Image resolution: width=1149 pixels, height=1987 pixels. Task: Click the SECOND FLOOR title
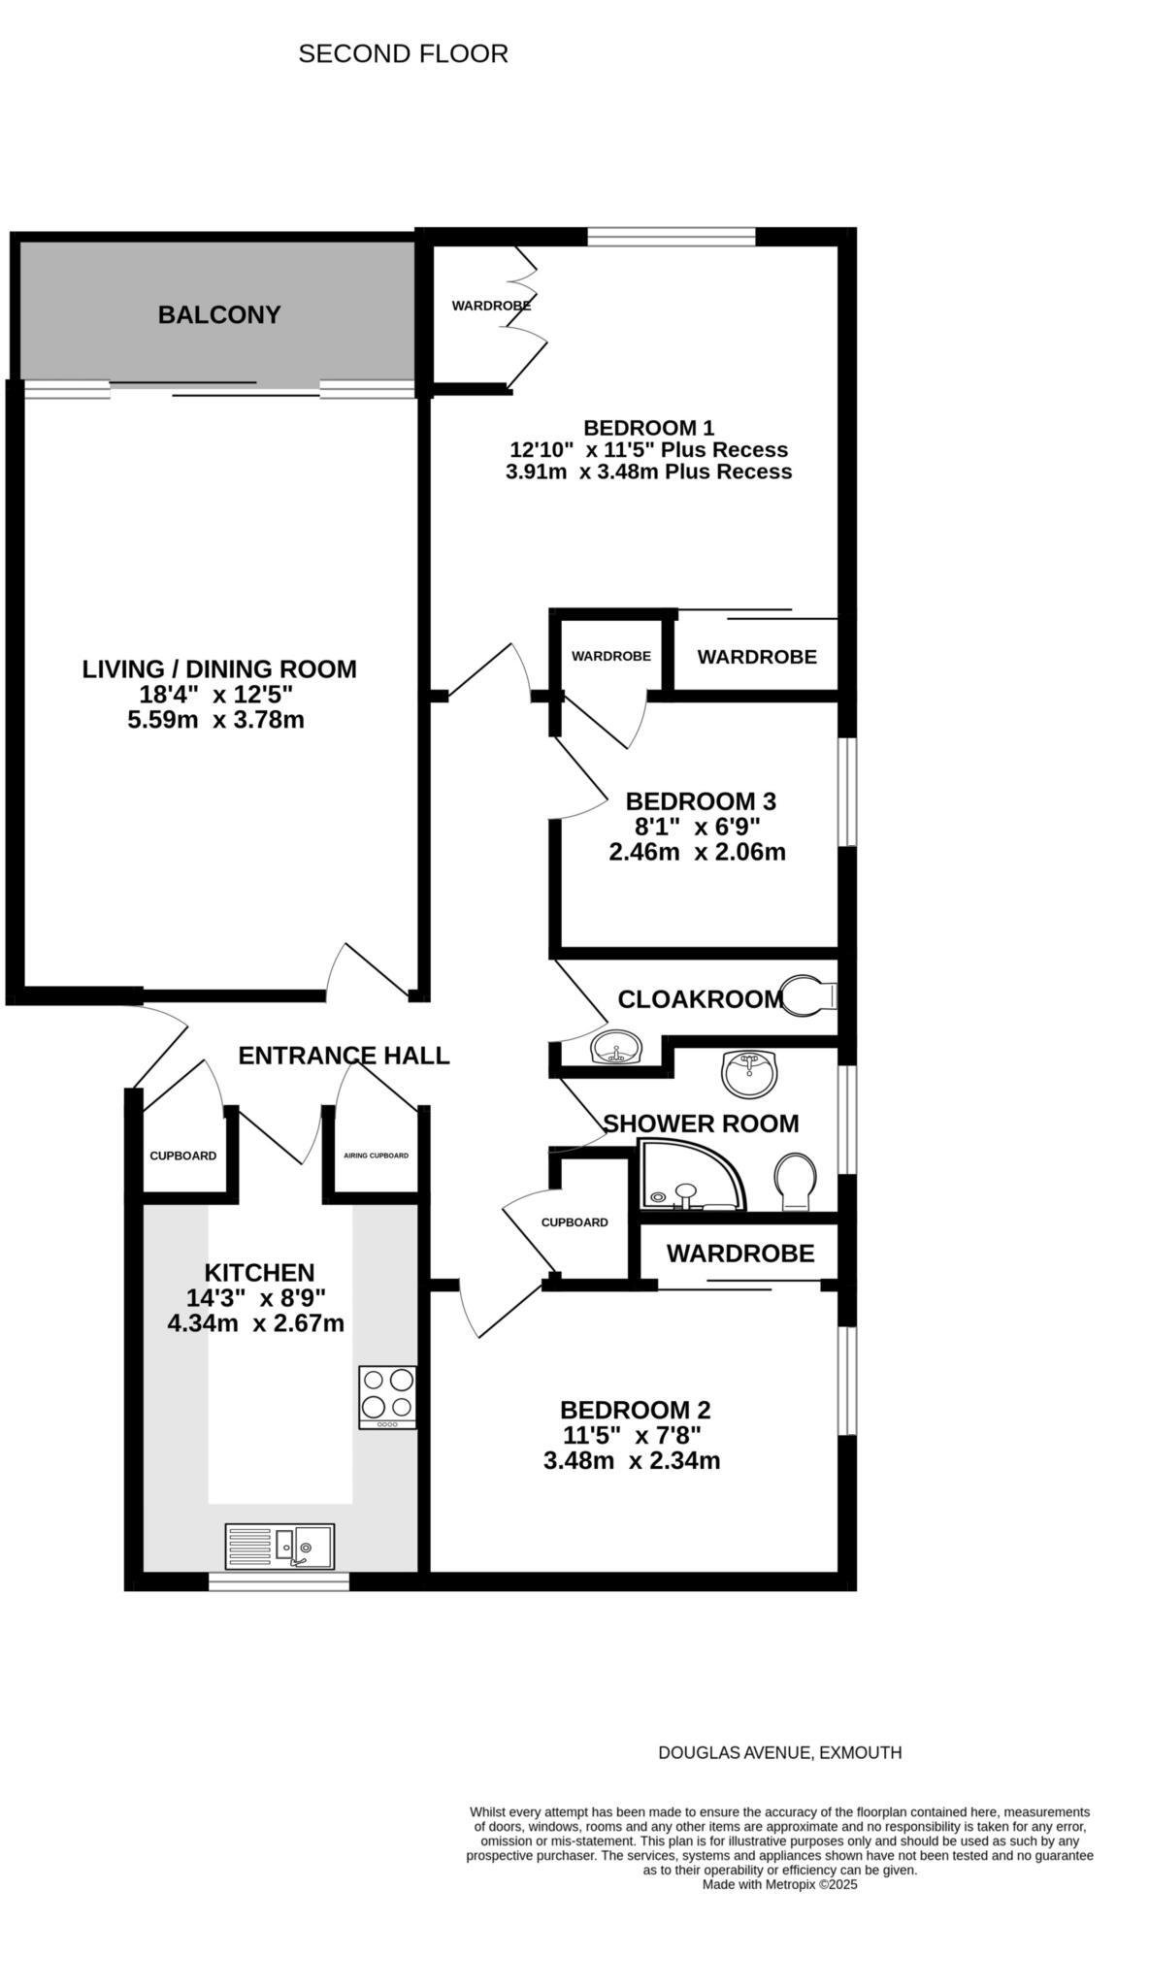[403, 54]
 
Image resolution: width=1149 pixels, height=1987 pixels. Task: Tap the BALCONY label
[219, 314]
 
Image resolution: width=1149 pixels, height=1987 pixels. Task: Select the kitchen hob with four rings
[387, 1396]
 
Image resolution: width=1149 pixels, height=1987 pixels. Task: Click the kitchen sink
[279, 1546]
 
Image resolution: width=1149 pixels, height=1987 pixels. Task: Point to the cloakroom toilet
[807, 995]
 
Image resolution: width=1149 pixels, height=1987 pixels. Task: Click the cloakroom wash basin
[616, 1048]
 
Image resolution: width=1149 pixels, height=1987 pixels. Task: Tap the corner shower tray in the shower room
[691, 1177]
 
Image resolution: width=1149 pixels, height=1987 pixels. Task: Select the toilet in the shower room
[795, 1181]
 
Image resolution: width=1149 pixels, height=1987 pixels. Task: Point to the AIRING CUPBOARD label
[376, 1156]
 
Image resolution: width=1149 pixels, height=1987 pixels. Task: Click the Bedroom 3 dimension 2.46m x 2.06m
[697, 853]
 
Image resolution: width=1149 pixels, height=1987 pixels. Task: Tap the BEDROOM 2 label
[636, 1410]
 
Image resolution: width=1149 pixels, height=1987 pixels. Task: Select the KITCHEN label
[259, 1273]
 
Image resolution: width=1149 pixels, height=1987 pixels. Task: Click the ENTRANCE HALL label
[344, 1056]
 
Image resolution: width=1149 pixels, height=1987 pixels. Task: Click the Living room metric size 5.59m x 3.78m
[215, 720]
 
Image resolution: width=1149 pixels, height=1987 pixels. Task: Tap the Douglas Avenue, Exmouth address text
[779, 1753]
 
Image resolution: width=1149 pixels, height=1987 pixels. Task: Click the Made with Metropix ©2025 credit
[779, 1885]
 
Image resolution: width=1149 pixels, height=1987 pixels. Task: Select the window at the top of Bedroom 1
[672, 237]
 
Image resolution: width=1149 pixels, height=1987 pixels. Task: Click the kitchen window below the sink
[279, 1581]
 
